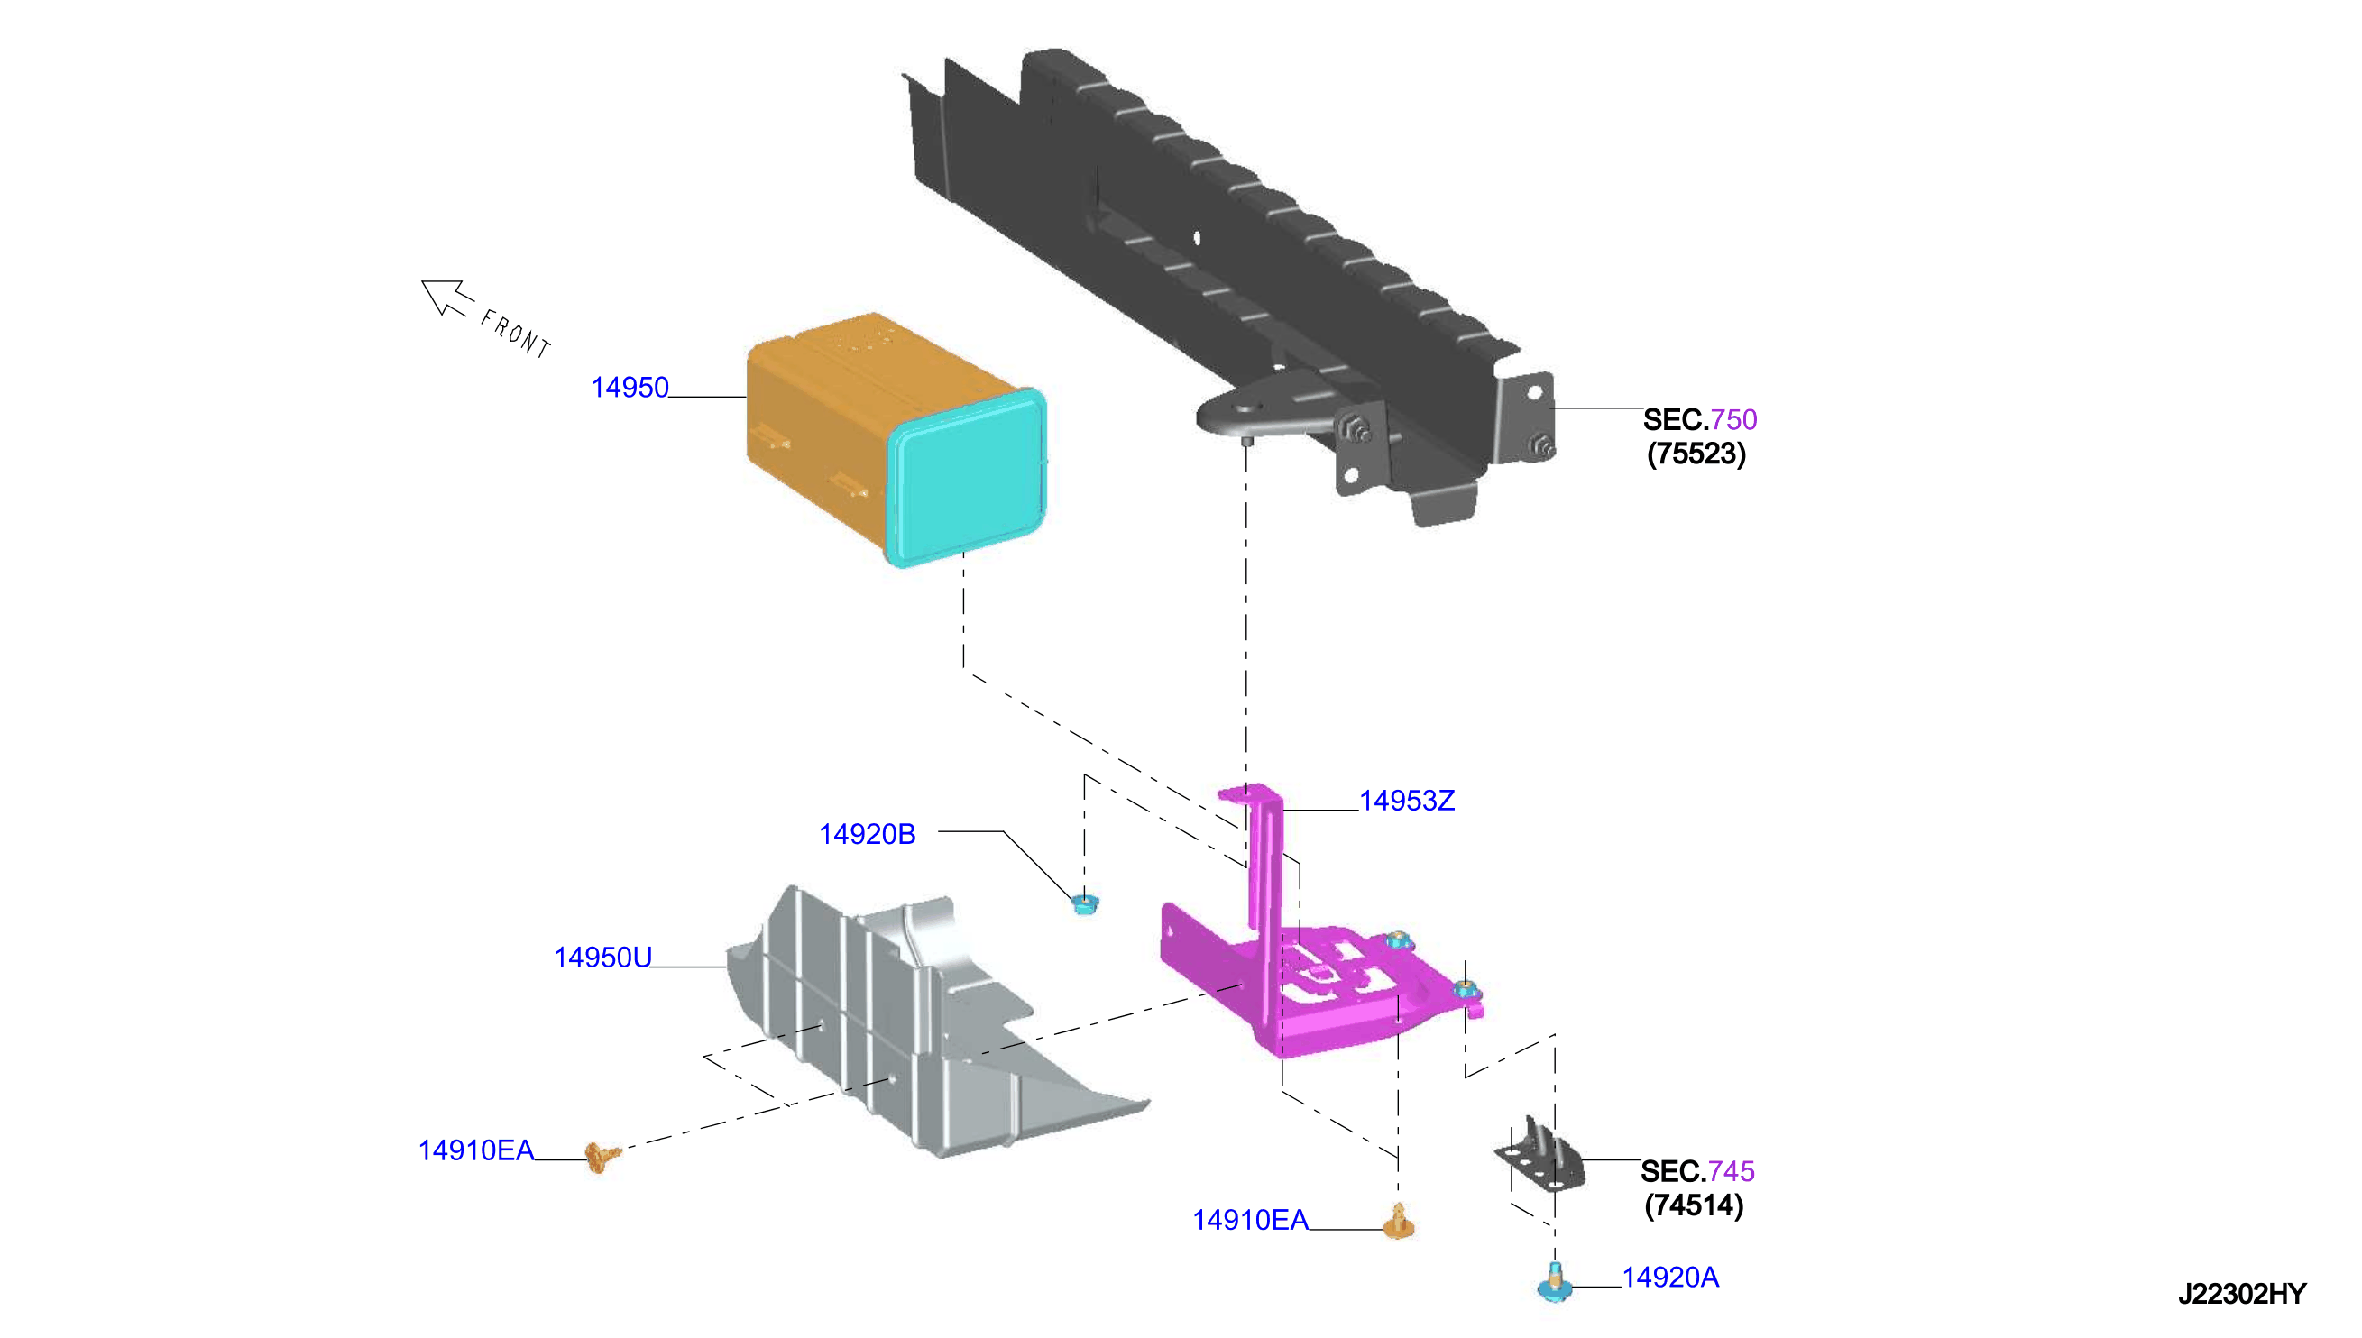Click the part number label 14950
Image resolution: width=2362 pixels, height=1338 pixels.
[x=630, y=388]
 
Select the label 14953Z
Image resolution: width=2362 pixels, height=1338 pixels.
[x=1406, y=801]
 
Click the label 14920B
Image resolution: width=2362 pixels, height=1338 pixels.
[x=867, y=833]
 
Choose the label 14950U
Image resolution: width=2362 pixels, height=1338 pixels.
[x=602, y=958]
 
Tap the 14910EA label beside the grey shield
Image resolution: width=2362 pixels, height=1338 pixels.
[x=476, y=1150]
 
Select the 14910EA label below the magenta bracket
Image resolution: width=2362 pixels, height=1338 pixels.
[x=1250, y=1221]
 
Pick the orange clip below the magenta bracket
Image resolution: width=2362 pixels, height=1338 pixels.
[x=1399, y=1223]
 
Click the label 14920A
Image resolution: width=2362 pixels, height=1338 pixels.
[x=1670, y=1278]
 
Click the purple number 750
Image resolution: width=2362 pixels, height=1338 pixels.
[x=1733, y=420]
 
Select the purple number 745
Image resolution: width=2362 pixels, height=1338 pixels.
[x=1732, y=1172]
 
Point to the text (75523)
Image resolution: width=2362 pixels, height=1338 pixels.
[x=1696, y=454]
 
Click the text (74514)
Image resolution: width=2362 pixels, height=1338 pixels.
[x=1694, y=1205]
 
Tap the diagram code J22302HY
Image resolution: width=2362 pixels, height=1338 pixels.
[x=2242, y=1294]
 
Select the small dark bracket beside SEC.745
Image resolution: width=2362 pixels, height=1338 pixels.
[x=1541, y=1155]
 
